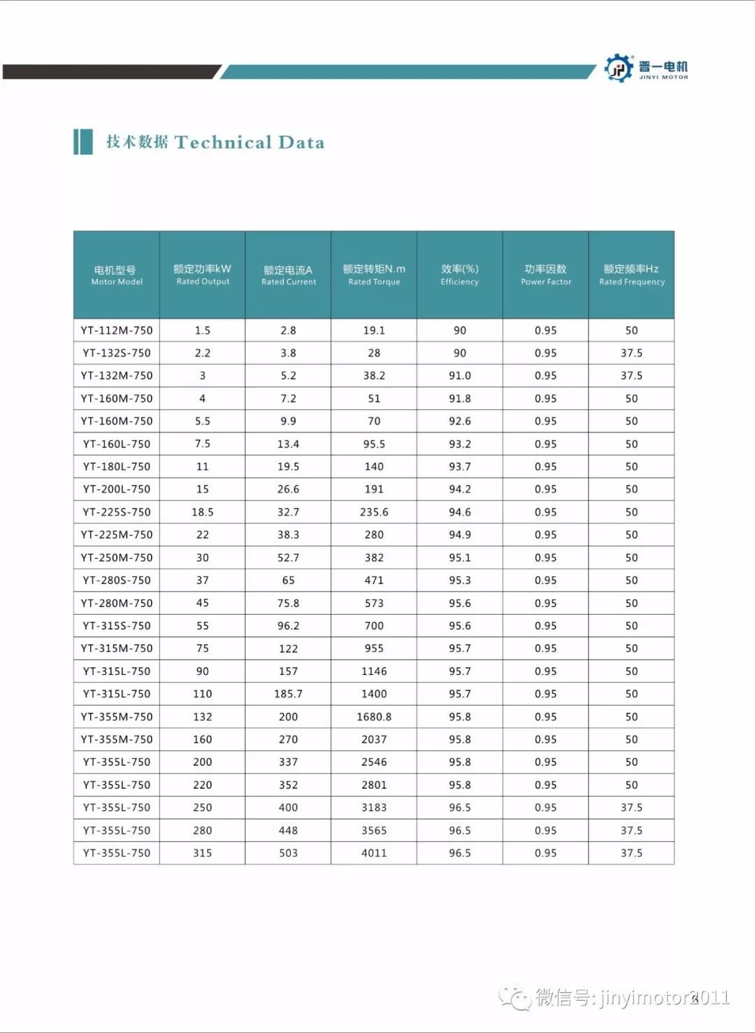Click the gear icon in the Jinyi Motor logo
[619, 68]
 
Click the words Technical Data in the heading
[250, 143]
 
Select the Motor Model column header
[117, 275]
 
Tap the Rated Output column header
[203, 275]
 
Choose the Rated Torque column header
[374, 275]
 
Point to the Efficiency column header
[460, 275]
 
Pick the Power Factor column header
[546, 275]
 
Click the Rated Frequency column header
[631, 275]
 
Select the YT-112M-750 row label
[117, 331]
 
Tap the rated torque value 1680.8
[374, 717]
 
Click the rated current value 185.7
[288, 694]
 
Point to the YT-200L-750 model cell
[117, 490]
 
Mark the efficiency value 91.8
[460, 399]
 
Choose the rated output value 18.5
[203, 512]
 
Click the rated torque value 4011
[374, 853]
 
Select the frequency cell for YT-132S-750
[631, 353]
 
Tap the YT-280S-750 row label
[117, 580]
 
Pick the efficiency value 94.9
[460, 535]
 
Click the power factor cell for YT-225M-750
[546, 535]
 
